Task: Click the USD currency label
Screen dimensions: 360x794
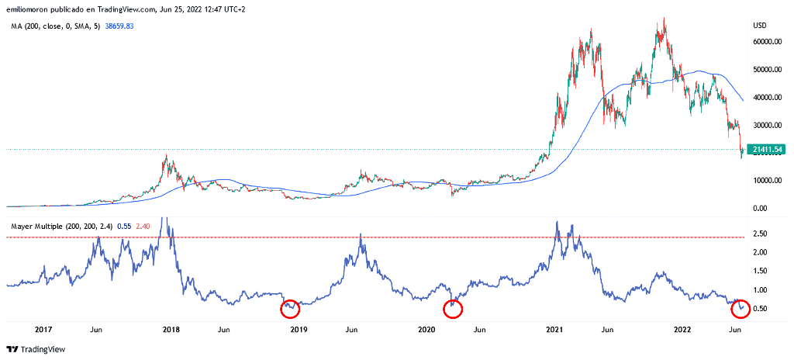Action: [759, 26]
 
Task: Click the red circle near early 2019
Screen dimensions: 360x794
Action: [290, 308]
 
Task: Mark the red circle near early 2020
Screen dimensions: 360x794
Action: [453, 309]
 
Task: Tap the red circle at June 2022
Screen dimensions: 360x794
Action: [741, 308]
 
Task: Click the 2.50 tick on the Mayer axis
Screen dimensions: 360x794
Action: [761, 234]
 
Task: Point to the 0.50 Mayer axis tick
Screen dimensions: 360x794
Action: [761, 309]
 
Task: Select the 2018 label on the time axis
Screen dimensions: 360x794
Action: [172, 330]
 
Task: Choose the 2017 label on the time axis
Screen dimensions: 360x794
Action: [43, 330]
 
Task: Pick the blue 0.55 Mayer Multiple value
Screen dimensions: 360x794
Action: [124, 226]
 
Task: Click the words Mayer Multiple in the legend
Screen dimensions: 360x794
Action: [37, 226]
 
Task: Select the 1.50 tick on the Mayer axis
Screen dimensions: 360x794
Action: [761, 271]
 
